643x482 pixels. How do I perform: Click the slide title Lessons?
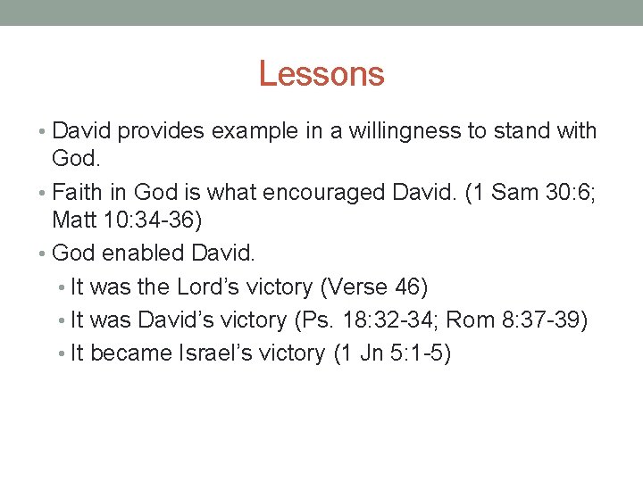click(321, 73)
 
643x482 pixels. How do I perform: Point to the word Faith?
click(77, 192)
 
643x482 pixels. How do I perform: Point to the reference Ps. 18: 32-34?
click(392, 320)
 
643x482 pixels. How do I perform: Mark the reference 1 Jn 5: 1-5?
click(392, 353)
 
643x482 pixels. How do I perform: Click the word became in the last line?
click(131, 353)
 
